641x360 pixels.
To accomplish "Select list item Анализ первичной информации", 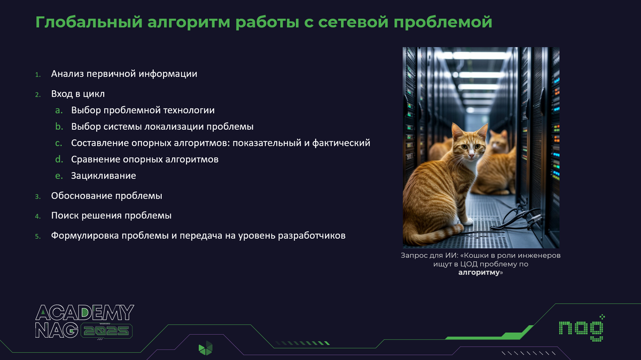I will click(124, 74).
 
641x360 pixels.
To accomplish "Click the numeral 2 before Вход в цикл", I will click(38, 95).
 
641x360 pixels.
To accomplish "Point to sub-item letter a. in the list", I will click(59, 111).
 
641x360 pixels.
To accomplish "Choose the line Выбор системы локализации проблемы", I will click(162, 127).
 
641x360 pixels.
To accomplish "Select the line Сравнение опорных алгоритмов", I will click(144, 159).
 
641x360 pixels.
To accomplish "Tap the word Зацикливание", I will click(103, 175).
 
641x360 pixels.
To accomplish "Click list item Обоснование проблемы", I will click(106, 195).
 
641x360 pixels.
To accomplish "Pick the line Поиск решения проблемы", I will click(111, 216).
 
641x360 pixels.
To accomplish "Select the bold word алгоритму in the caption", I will click(479, 272).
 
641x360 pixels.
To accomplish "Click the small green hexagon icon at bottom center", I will click(205, 348).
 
